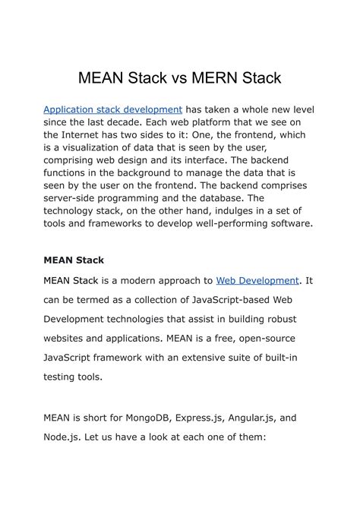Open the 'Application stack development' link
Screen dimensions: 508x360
112,110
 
